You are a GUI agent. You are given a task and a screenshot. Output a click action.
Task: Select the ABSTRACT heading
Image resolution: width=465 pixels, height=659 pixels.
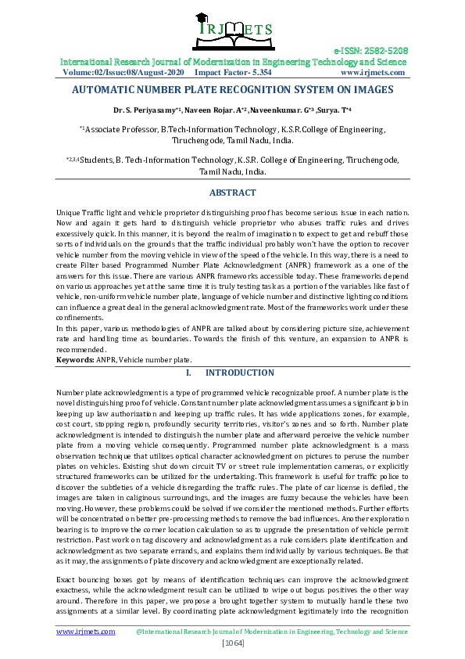click(x=232, y=193)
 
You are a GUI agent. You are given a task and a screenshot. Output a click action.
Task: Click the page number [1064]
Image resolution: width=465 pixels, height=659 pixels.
click(x=232, y=643)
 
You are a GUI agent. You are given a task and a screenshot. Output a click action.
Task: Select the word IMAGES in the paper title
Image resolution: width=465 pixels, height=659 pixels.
click(x=370, y=90)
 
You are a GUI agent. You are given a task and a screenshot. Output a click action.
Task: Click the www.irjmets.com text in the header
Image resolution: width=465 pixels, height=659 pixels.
click(x=373, y=72)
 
